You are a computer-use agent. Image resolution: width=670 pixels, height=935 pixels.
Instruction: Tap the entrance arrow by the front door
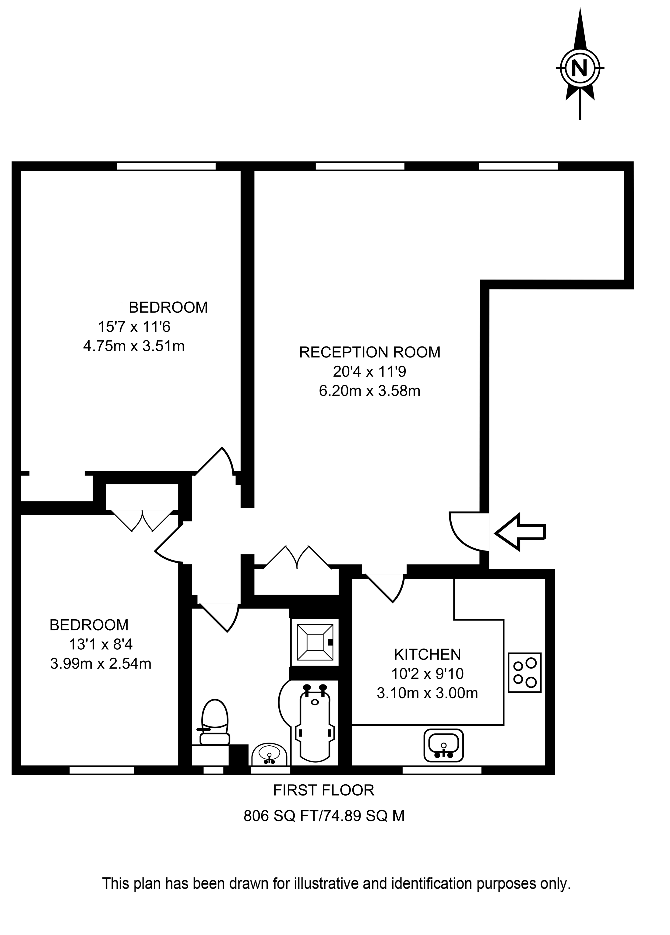520,532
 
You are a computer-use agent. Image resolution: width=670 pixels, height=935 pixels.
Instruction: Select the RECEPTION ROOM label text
369,353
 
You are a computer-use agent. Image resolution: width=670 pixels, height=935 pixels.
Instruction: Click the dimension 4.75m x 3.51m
134,346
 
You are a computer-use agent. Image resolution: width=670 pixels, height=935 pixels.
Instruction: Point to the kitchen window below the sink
442,770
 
